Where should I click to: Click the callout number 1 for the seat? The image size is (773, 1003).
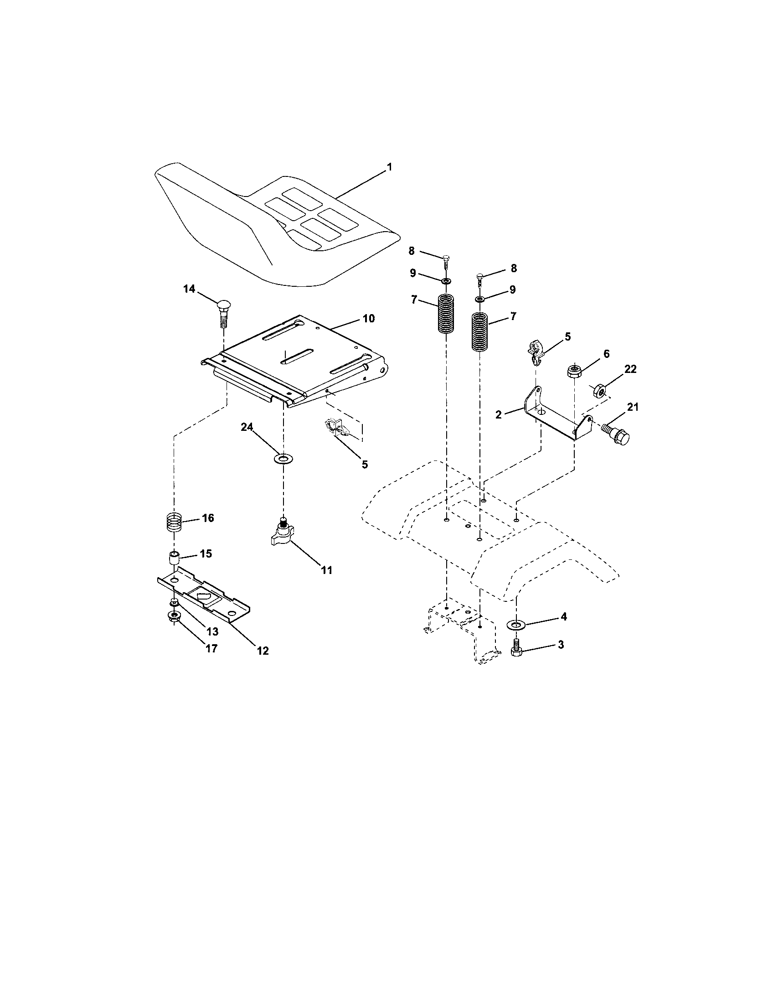click(x=389, y=167)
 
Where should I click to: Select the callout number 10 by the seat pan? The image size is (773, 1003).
click(x=368, y=318)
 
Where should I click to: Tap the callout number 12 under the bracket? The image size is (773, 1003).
click(x=263, y=650)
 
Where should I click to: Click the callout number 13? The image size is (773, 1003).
click(x=212, y=631)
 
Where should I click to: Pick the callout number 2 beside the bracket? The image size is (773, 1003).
click(x=499, y=414)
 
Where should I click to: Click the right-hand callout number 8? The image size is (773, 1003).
click(x=513, y=268)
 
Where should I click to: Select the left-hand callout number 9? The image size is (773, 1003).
click(x=412, y=273)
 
